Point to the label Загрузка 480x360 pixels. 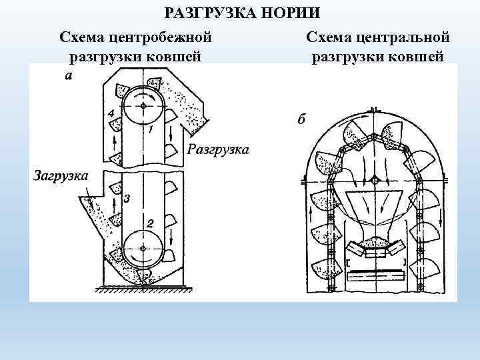[61, 176]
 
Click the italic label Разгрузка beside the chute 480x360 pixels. [219, 149]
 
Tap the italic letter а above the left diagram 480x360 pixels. [69, 76]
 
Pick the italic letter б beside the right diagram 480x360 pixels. [301, 120]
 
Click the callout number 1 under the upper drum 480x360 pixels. [152, 129]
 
